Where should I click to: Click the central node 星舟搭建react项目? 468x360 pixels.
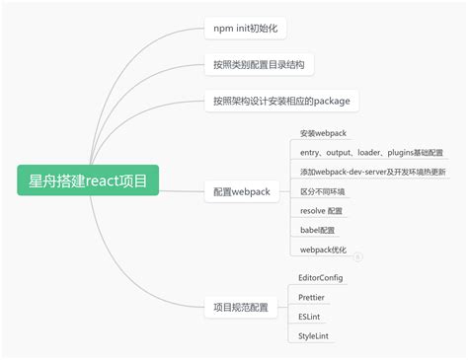coord(89,180)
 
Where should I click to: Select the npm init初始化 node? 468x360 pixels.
coord(245,28)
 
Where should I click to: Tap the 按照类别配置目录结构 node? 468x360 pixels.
coord(259,65)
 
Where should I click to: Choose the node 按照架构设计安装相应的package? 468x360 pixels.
coord(281,101)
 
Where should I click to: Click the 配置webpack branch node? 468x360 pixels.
coord(242,190)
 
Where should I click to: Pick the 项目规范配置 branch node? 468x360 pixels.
coord(241,308)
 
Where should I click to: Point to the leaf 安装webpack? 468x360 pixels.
coord(323,133)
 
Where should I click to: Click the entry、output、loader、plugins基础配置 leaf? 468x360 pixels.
coord(371,153)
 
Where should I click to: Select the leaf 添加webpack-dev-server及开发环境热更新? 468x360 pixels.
coord(373,172)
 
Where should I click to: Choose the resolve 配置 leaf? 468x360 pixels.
coord(321,211)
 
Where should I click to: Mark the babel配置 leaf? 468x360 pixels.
coord(318,230)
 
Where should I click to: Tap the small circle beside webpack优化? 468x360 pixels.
coord(358,256)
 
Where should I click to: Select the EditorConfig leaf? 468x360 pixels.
coord(321,278)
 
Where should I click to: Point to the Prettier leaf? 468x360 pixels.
coord(312,297)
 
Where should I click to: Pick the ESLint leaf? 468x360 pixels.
coord(309,317)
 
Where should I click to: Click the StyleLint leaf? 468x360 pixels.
coord(314,336)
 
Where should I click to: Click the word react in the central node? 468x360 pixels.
coord(104,180)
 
